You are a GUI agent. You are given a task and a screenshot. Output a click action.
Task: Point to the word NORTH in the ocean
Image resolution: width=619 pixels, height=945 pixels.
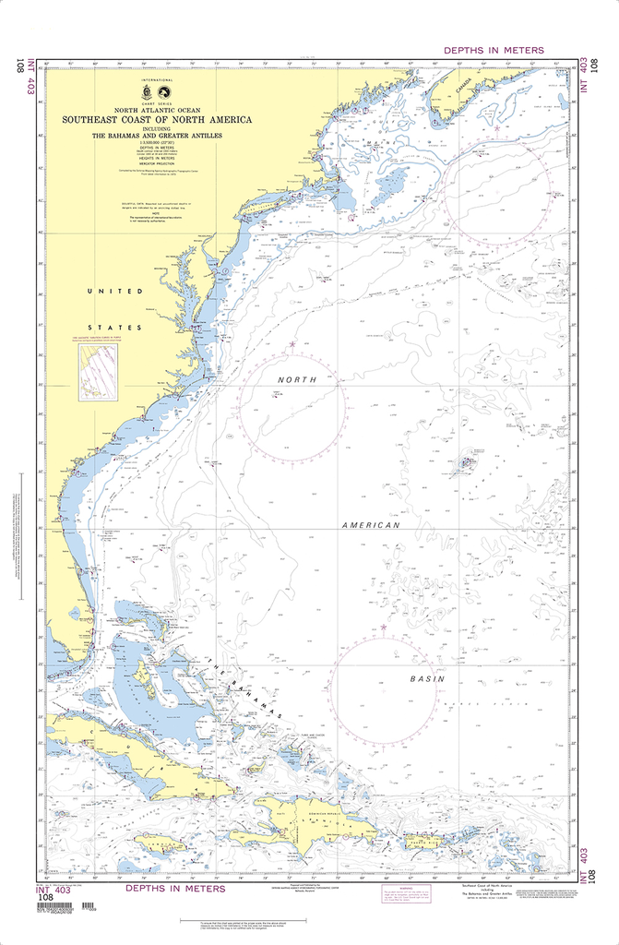(297, 380)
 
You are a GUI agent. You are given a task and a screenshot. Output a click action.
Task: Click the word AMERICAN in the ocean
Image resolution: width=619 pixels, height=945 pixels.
(371, 525)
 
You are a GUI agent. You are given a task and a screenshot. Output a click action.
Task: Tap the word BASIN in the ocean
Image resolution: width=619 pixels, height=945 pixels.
(427, 678)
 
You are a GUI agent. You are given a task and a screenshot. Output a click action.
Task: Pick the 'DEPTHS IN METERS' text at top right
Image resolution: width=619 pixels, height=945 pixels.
(494, 50)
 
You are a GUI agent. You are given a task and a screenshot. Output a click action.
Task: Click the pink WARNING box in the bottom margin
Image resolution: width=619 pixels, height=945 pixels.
(407, 895)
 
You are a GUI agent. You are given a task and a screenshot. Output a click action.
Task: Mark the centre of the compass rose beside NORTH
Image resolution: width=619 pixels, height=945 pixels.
(292, 406)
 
